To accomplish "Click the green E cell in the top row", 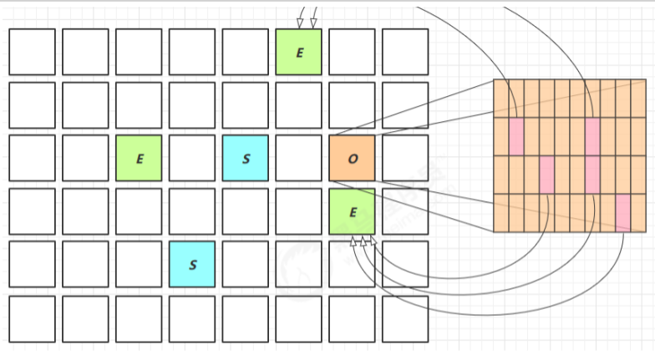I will coord(298,52).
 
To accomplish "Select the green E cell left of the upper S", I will coord(139,158).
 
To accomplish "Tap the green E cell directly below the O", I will coord(352,211).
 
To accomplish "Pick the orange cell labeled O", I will coord(352,158).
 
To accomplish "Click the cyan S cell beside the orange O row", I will coord(246,158).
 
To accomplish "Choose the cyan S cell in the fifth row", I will coord(192,264).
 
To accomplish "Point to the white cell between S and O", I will coord(298,158).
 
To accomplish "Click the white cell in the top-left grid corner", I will coord(32,52).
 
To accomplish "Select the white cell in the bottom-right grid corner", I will coord(405,318).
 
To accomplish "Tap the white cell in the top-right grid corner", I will coord(405,52).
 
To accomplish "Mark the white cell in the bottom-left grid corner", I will coord(32,318).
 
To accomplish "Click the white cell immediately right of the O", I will coord(405,158).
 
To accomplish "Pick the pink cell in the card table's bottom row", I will coord(622,212).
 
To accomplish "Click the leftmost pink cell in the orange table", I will coord(515,136).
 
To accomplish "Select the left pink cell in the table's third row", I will coord(546,174).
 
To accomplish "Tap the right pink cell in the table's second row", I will coord(592,136).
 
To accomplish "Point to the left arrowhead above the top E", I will coord(301,23).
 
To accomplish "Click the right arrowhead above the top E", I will coord(313,23).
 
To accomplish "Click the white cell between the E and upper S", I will coord(192,158).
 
